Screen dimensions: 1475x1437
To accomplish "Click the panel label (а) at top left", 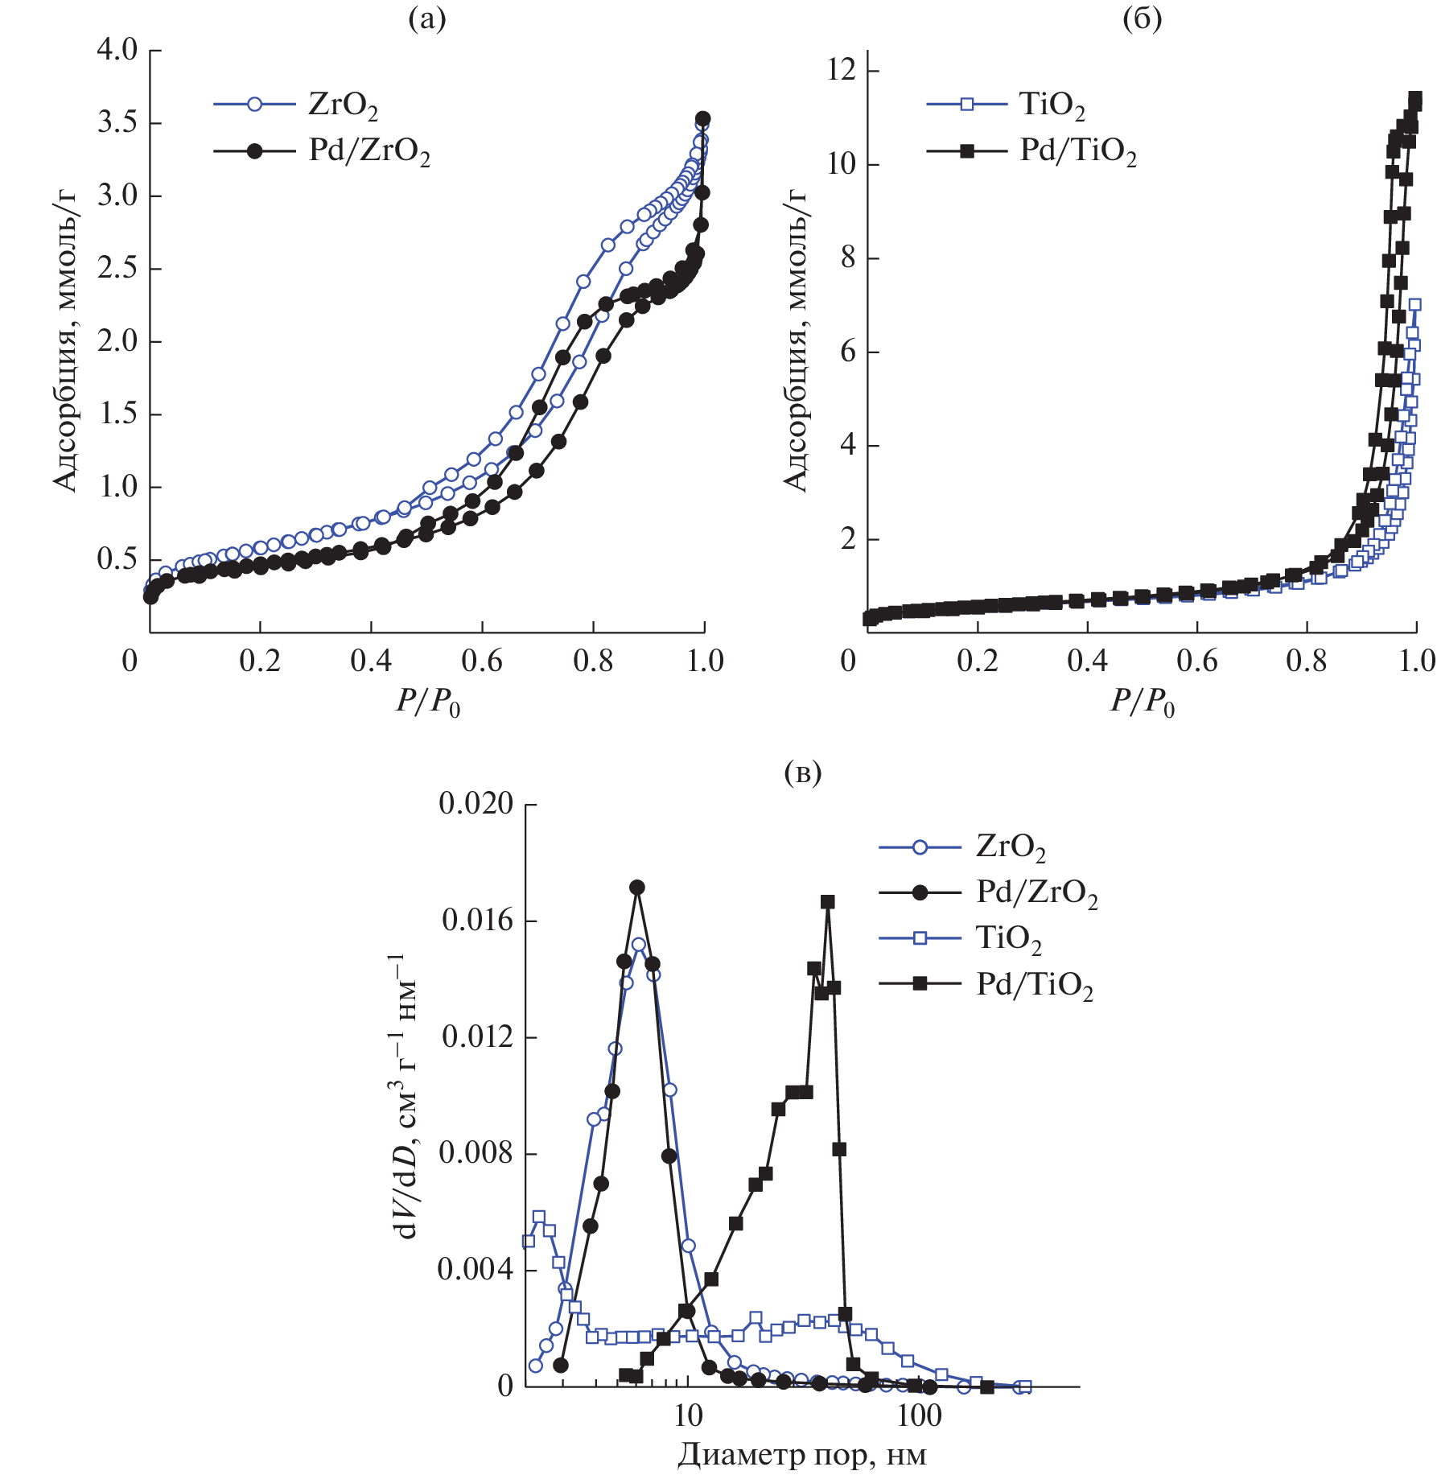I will coord(426,19).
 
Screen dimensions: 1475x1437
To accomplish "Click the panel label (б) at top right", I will coord(1142,19).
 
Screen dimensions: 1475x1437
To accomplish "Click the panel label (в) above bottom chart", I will coord(802,773).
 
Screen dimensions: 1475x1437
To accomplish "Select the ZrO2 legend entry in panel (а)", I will coord(342,105).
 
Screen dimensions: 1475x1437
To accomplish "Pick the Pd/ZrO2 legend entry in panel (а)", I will coord(369,151).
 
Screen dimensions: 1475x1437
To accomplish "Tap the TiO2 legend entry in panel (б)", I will coord(1052,105).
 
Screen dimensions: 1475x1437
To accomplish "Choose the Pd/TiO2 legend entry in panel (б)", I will coord(1078,151).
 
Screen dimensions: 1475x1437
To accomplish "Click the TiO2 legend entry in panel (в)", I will coord(1008,939).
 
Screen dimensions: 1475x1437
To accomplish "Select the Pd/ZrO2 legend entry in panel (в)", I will coord(1036,893).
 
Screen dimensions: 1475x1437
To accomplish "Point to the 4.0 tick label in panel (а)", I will coord(117,50).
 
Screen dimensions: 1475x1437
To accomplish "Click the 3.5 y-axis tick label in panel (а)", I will coord(117,123).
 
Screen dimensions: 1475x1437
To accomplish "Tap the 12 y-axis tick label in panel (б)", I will coord(842,71).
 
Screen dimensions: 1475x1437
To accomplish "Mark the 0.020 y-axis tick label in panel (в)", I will coord(476,804).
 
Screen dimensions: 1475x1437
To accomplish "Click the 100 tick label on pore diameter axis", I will coord(918,1413).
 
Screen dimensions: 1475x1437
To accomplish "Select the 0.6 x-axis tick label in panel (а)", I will coord(482,661).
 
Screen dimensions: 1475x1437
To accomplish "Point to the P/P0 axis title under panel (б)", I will coord(1142,702).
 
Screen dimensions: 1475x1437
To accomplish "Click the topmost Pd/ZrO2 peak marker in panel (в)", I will coord(637,888).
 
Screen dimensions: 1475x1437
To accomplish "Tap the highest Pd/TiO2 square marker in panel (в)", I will coord(827,902).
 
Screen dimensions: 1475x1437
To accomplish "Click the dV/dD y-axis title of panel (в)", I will coord(404,1096).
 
